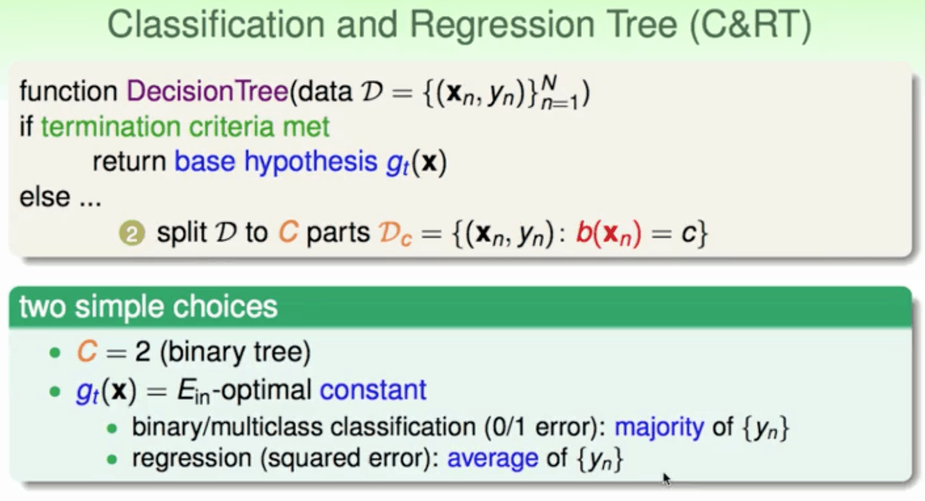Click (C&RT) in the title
pyautogui.click(x=751, y=25)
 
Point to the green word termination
pyautogui.click(x=110, y=127)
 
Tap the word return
pyautogui.click(x=129, y=162)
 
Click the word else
pyautogui.click(x=44, y=196)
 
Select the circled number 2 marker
pyautogui.click(x=132, y=233)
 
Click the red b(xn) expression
pyautogui.click(x=608, y=234)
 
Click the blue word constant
pyautogui.click(x=373, y=390)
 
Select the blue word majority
pyautogui.click(x=659, y=427)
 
